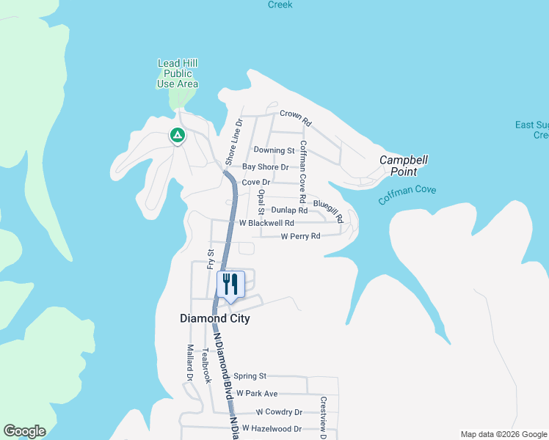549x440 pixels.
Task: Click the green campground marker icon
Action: (177, 136)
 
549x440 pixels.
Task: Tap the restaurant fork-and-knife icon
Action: (230, 285)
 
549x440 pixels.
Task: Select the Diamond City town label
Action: (215, 319)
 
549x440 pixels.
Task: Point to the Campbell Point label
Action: (403, 166)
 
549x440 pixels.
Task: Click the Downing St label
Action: (274, 150)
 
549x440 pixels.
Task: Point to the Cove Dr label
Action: (256, 182)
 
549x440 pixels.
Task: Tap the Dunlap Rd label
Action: (289, 210)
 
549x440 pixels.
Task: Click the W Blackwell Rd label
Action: (266, 223)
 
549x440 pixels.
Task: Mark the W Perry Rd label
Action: (301, 237)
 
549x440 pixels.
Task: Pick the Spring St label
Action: (250, 376)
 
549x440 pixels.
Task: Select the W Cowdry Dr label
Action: (278, 412)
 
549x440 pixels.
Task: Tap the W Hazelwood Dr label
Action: (272, 428)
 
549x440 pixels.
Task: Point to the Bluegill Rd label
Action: (329, 210)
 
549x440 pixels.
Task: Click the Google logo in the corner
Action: (24, 431)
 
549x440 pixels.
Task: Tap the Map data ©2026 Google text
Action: (503, 434)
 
